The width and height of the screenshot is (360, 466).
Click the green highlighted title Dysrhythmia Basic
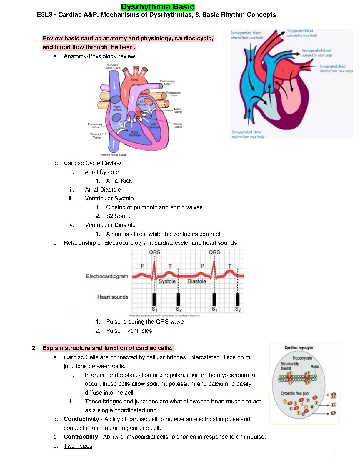(158, 7)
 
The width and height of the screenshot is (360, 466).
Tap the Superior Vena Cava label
(113, 66)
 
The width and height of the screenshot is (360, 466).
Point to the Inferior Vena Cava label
(113, 155)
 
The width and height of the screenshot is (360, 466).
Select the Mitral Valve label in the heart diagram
(178, 110)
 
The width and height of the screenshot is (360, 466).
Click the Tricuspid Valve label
(96, 136)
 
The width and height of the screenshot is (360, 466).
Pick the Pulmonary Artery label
(167, 82)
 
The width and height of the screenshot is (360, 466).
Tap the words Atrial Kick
(119, 181)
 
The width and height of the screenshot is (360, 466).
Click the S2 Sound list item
(119, 216)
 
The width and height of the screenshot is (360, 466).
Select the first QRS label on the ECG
(154, 252)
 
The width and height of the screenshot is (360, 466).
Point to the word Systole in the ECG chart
(167, 281)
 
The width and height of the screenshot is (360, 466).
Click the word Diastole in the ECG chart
(197, 281)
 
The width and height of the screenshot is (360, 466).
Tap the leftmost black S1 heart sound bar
(154, 299)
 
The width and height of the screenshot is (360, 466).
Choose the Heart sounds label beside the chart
(113, 297)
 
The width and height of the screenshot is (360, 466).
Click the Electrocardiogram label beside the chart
(107, 276)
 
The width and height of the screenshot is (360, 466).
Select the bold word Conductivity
(81, 419)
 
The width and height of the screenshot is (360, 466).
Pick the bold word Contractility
(81, 437)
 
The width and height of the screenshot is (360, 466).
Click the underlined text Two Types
(78, 446)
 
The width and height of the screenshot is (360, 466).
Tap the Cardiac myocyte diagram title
(299, 347)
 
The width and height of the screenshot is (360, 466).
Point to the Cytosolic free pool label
(295, 393)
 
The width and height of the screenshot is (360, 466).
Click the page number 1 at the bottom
(334, 453)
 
